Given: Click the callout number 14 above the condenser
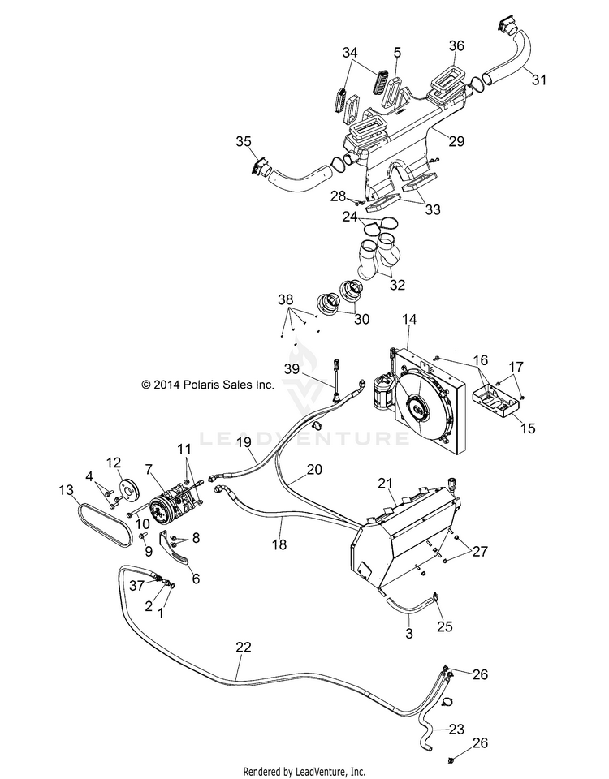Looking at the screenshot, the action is tap(409, 320).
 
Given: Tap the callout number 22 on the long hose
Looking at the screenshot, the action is tap(244, 647).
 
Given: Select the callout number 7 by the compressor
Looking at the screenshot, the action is tap(148, 468).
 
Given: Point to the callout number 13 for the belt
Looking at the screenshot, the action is tap(66, 490).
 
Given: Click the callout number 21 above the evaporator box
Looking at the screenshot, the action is tap(385, 483).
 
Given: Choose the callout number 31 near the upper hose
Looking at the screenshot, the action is tap(539, 80).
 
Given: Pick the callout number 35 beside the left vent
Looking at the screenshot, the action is tap(244, 141).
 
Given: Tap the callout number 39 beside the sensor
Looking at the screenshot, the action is tap(292, 368).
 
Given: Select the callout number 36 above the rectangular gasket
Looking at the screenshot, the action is tap(456, 45).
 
